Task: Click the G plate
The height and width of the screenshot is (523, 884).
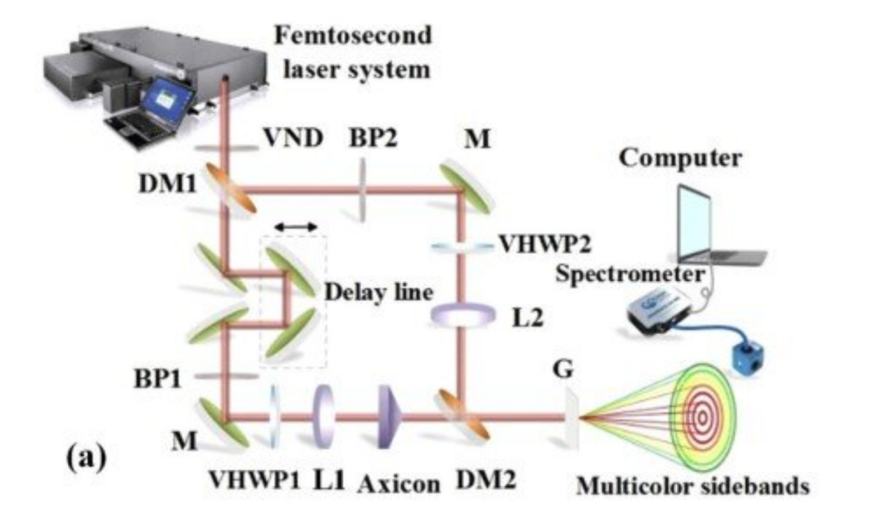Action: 571,418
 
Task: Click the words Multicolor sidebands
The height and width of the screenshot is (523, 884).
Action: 693,486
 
